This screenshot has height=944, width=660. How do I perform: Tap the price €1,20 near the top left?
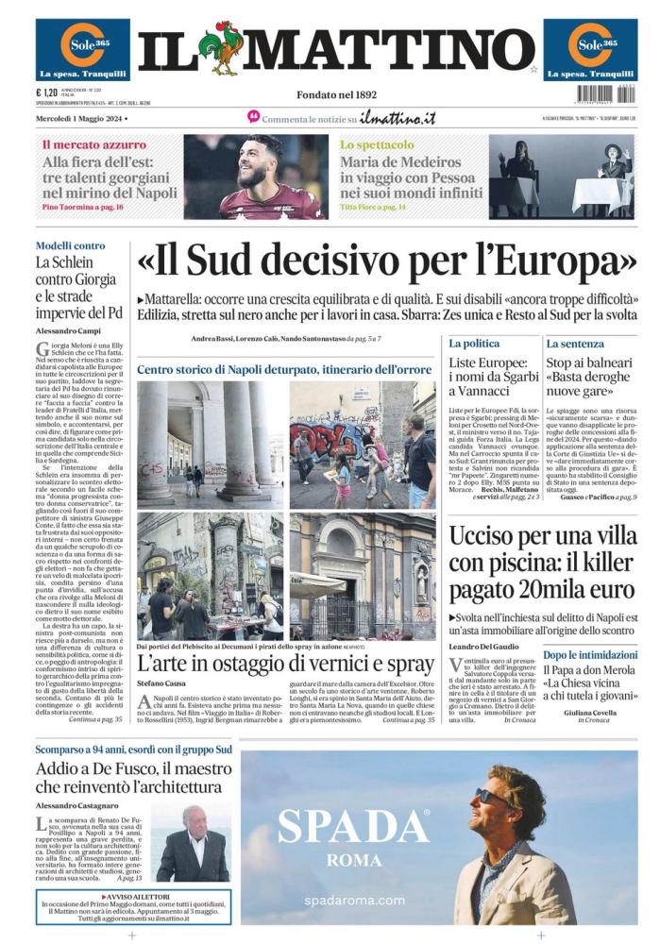click(x=46, y=93)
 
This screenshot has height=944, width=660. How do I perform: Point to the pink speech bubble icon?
click(x=253, y=117)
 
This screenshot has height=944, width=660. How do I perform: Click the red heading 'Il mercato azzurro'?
click(x=93, y=145)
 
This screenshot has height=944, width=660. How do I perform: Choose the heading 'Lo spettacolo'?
click(x=376, y=145)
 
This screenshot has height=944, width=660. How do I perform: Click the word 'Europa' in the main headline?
click(x=567, y=259)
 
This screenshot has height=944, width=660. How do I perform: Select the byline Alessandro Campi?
click(x=67, y=331)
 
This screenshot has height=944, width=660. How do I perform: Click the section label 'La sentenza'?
click(x=574, y=344)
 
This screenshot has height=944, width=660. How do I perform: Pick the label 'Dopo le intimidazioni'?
click(x=590, y=654)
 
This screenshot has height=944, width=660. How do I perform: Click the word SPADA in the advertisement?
click(x=352, y=828)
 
